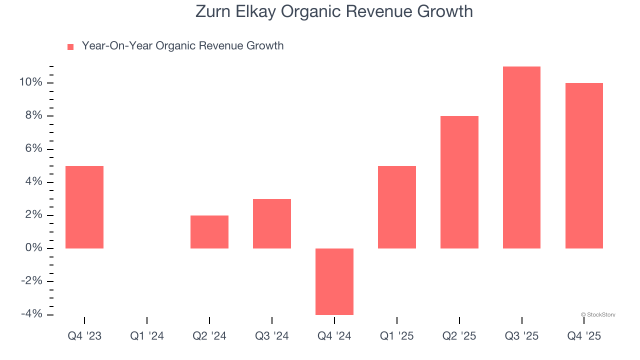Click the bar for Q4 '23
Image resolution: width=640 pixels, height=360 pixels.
coord(84,207)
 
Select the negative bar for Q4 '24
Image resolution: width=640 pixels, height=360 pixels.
coord(334,281)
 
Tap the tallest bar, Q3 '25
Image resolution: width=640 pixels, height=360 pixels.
coord(521,157)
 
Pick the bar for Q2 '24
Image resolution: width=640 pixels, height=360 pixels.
coord(209,232)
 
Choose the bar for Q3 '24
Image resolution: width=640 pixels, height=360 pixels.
coord(272,223)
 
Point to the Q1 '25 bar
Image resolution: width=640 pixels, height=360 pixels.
coord(397,207)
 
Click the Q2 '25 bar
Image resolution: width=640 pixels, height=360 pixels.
coord(459,182)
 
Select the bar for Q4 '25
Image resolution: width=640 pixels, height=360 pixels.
coord(584,165)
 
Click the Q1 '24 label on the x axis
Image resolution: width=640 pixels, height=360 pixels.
coord(147,336)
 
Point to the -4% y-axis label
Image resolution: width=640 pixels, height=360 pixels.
coord(31,314)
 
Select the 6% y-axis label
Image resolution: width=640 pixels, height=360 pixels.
coord(33,149)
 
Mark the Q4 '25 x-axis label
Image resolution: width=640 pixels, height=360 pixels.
coord(584,336)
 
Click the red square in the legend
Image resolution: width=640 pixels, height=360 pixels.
coord(70,47)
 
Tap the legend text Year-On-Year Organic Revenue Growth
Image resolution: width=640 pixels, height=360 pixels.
coord(182,46)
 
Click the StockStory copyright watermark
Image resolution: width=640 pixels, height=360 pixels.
coord(598,314)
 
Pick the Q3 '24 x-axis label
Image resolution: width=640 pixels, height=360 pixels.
coord(272,336)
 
